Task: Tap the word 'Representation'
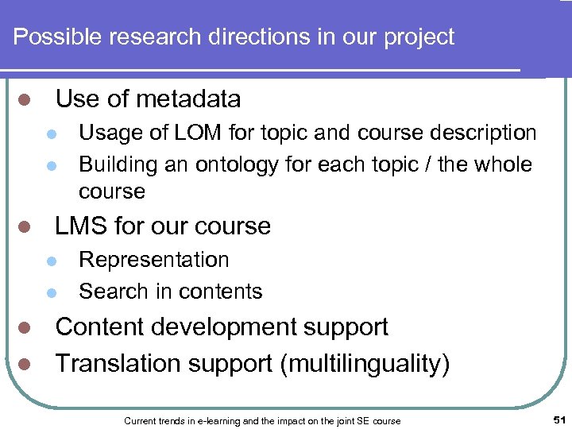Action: [x=154, y=260]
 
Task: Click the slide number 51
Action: [x=558, y=419]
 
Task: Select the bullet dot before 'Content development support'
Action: [x=25, y=328]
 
